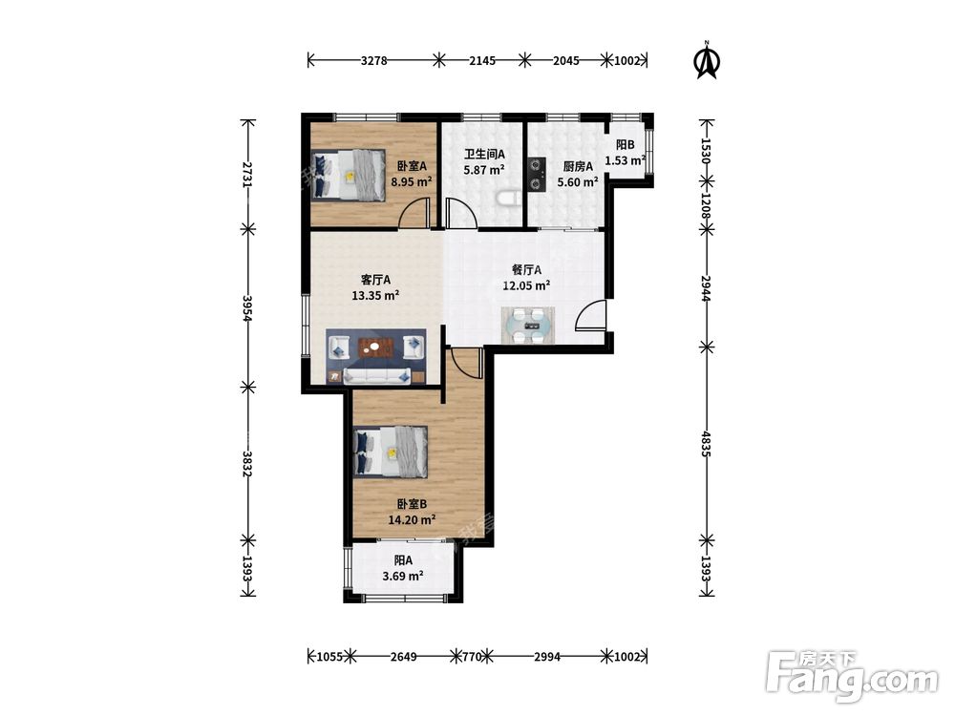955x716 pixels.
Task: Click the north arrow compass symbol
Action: [x=707, y=61]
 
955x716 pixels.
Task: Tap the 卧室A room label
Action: [x=412, y=165]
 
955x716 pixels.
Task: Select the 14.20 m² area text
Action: [x=412, y=520]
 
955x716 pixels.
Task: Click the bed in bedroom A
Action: [x=349, y=174]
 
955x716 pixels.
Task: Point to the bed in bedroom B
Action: [x=391, y=452]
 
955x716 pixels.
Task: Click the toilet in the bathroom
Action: [x=508, y=200]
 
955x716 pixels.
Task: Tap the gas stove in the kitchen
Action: [x=537, y=174]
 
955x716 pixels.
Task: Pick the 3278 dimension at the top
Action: [x=374, y=60]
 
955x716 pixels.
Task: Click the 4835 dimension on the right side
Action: [x=707, y=444]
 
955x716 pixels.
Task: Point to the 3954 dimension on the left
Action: [x=247, y=308]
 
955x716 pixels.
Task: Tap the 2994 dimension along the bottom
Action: [x=547, y=657]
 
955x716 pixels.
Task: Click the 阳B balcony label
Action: [x=625, y=145]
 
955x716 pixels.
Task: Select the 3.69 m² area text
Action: [x=403, y=576]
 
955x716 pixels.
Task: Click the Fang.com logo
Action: [x=852, y=676]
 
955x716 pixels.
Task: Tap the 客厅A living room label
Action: [x=375, y=280]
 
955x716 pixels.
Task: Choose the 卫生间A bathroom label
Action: [x=484, y=155]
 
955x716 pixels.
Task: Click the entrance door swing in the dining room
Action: [x=590, y=315]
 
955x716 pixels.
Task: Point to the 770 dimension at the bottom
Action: [x=472, y=657]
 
